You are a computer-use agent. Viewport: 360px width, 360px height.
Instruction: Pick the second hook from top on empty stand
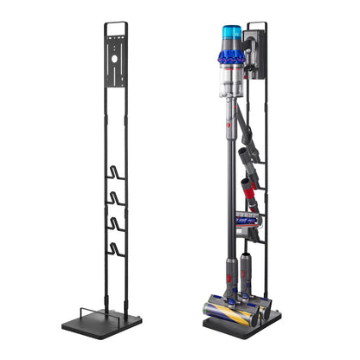point(116,199)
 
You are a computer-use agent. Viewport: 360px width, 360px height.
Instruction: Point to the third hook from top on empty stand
point(116,226)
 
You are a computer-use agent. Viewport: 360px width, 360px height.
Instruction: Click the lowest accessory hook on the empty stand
point(116,252)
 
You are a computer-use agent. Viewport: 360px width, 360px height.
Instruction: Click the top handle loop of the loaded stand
point(255,26)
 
